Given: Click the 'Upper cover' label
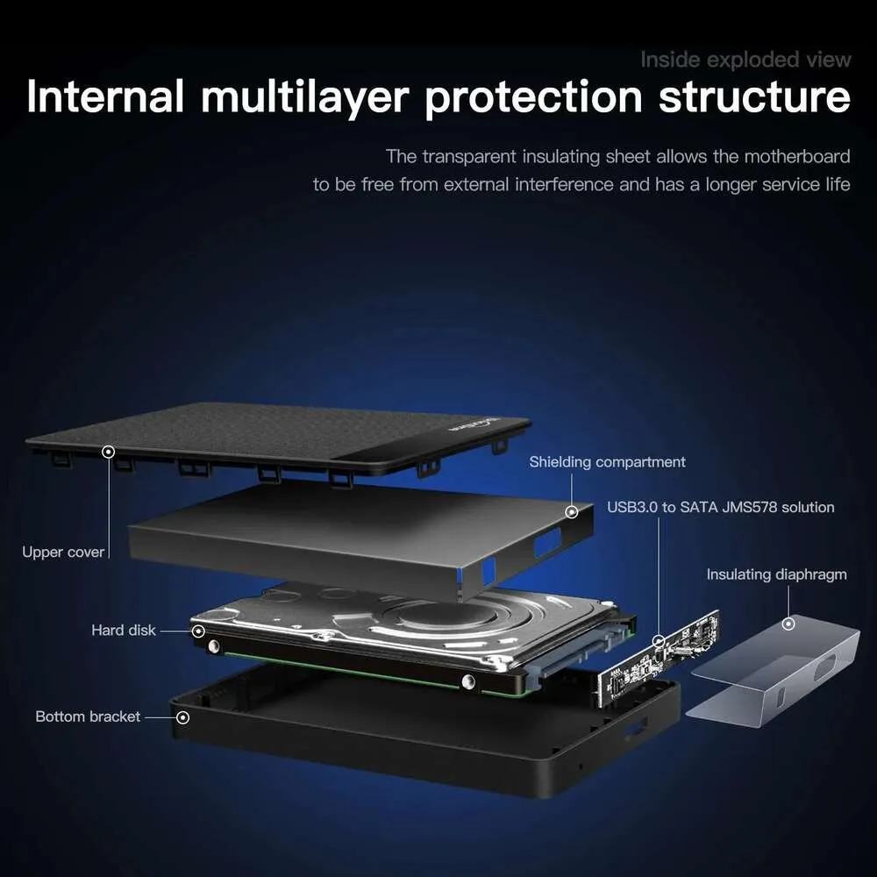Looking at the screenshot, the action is (63, 552).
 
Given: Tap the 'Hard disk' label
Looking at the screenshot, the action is (123, 631).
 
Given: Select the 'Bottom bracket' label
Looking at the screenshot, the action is (88, 717).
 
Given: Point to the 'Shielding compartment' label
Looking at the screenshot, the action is (607, 462).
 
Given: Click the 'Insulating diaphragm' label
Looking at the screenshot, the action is (776, 574).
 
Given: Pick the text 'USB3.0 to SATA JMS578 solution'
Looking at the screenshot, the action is (720, 507).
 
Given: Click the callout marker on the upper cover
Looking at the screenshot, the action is (109, 452).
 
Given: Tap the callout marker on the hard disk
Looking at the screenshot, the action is (198, 631).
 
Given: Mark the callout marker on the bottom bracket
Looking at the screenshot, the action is (183, 717).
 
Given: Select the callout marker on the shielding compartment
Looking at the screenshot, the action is (572, 511).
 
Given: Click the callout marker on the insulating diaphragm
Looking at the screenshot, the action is (788, 623).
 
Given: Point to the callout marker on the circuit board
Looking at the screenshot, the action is (659, 640).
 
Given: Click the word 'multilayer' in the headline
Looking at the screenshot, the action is (305, 97).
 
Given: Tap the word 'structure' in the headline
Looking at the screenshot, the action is (754, 96).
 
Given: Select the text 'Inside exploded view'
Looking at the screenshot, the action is (745, 60).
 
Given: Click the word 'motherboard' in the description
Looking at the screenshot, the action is (797, 156).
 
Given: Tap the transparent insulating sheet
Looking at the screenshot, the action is (773, 671).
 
